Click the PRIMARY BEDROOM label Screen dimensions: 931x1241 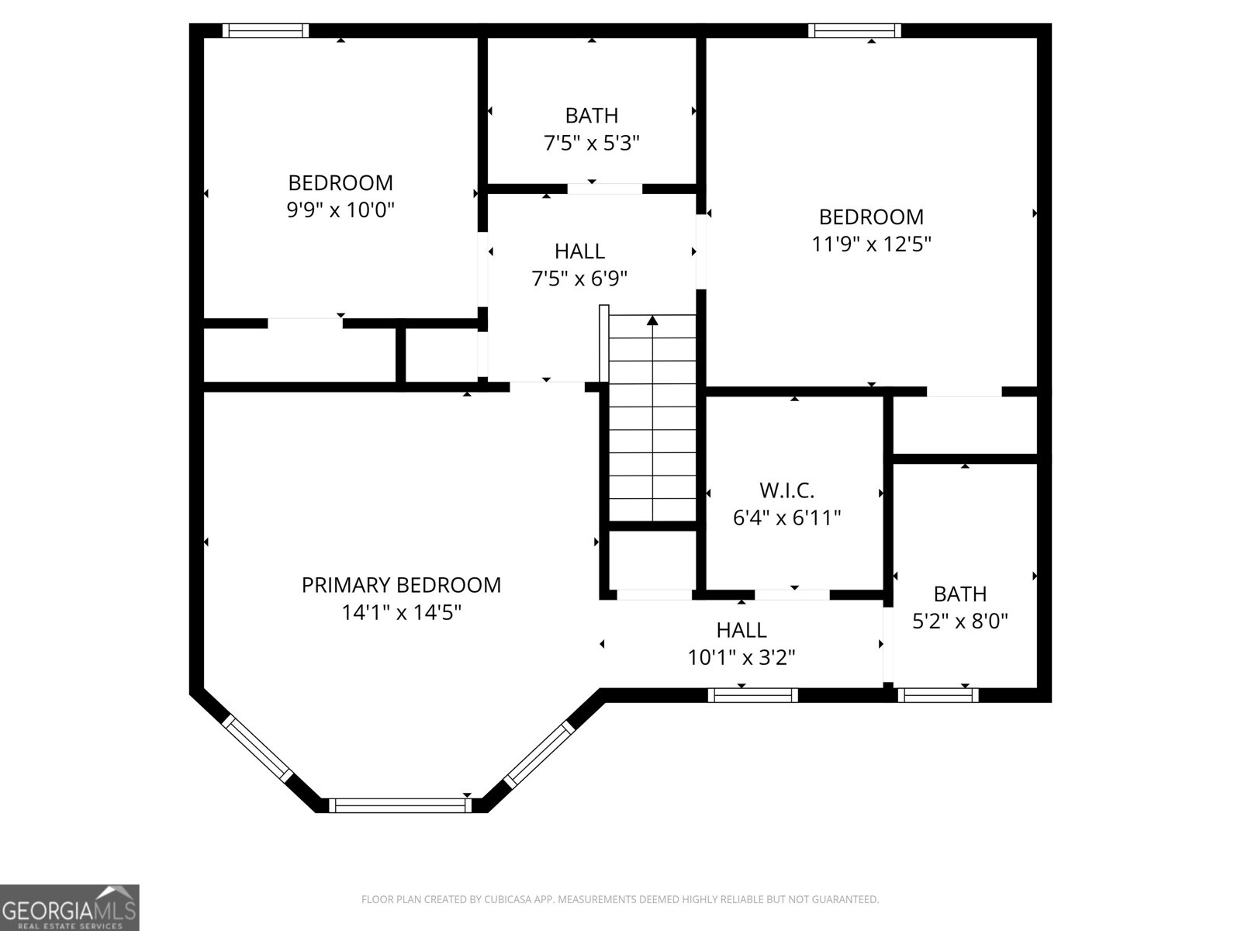tap(401, 585)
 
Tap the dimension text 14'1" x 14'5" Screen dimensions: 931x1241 tap(401, 613)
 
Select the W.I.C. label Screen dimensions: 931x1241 tap(786, 490)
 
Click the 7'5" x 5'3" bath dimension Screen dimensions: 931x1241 tap(591, 144)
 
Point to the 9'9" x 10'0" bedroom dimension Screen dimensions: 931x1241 tap(340, 210)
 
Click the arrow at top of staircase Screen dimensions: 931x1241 tap(652, 320)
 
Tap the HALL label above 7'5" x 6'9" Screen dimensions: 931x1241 tap(579, 251)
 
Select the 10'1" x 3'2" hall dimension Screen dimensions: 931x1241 tap(741, 658)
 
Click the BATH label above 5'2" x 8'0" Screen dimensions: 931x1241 tap(959, 594)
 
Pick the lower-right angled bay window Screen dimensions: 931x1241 tap(538, 753)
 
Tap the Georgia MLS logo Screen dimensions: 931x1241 tap(70, 907)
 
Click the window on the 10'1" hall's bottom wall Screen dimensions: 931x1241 tap(752, 695)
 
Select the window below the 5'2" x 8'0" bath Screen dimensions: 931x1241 tap(938, 695)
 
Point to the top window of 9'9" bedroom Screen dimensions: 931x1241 tap(265, 30)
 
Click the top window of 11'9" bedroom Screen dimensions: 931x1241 tap(854, 30)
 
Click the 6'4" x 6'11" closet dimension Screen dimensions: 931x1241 tap(786, 517)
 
